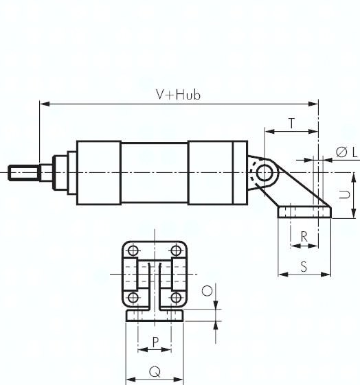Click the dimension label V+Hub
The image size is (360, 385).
point(178,95)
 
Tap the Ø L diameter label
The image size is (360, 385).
point(346,152)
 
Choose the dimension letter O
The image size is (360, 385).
point(205,290)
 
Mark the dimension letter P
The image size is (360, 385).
point(155,341)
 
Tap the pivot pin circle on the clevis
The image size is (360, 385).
point(262,172)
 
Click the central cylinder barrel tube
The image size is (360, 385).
point(155,172)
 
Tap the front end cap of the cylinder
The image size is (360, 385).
point(99,172)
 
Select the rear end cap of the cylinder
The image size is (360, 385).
point(217,172)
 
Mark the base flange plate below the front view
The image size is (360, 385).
point(155,316)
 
